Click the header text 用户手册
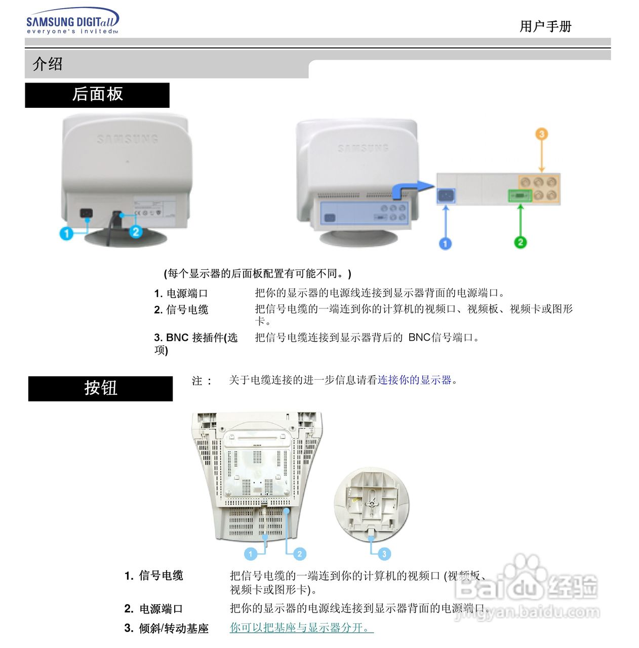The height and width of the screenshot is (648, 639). click(x=545, y=26)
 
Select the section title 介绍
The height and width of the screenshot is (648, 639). click(x=48, y=64)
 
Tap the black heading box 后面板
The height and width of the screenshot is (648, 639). click(x=97, y=95)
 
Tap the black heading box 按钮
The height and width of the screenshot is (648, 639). click(x=100, y=388)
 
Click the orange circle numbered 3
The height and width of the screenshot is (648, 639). click(x=541, y=134)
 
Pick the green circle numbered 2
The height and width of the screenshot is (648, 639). click(x=520, y=242)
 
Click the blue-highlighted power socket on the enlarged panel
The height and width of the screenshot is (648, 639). click(x=446, y=196)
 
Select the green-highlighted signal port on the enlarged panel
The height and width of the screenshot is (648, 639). click(x=520, y=195)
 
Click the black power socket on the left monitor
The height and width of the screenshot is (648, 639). click(x=87, y=213)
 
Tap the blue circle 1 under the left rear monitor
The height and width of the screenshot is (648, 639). click(x=66, y=233)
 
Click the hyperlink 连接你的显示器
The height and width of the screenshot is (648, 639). click(x=414, y=380)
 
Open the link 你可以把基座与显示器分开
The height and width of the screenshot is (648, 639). click(x=302, y=628)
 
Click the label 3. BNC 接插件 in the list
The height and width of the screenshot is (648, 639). click(x=195, y=338)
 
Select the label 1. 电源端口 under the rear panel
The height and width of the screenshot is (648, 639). click(x=181, y=294)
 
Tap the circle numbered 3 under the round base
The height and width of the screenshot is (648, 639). click(x=384, y=554)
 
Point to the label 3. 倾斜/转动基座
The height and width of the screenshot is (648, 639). click(x=167, y=629)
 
